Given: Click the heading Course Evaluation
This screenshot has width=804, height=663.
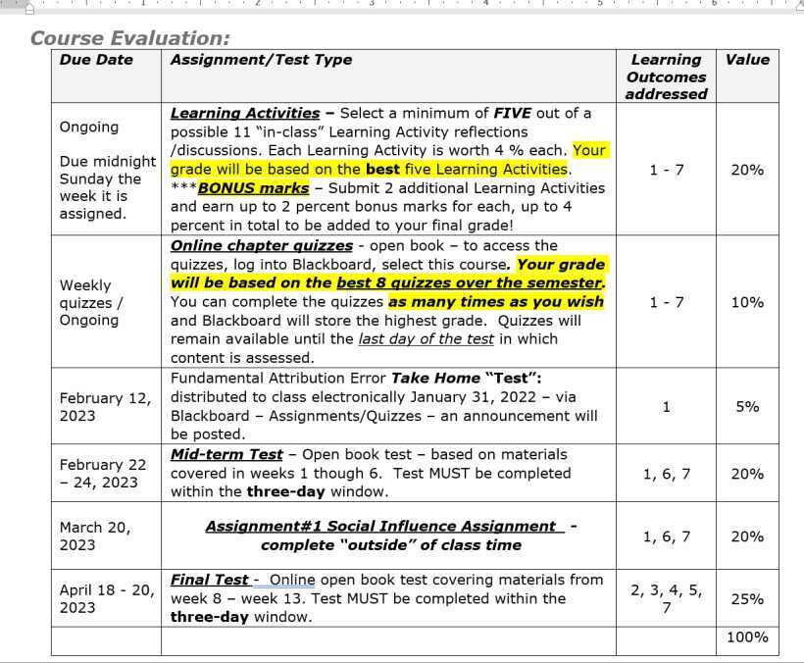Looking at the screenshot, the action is click(130, 38).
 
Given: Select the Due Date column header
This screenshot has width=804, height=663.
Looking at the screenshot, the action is click(96, 60).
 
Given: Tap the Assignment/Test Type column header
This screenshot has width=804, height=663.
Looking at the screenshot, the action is click(261, 60).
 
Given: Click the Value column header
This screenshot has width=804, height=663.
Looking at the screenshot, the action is click(747, 60).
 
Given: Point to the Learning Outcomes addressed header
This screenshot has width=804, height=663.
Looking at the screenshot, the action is click(666, 76).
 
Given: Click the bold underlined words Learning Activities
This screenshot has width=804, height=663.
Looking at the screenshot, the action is click(245, 113).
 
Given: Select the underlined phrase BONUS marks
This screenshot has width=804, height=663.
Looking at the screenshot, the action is click(253, 187).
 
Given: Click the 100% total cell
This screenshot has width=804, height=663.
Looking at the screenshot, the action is click(747, 637).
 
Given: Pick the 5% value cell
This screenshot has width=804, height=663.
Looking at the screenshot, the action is click(747, 406).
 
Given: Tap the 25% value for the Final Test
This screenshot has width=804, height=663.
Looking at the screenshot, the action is click(747, 598).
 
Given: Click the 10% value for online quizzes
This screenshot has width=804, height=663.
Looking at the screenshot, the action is click(747, 302).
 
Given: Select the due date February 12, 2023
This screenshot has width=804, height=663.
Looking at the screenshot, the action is click(105, 406).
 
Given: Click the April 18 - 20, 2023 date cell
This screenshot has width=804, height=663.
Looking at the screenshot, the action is click(105, 598).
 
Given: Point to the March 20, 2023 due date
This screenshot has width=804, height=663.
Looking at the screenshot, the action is click(94, 535).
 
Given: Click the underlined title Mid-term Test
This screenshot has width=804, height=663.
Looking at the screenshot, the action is click(226, 454).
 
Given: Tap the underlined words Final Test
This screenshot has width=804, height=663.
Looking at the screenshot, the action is click(210, 580).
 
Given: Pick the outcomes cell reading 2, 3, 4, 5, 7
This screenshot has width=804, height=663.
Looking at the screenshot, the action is click(666, 598).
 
